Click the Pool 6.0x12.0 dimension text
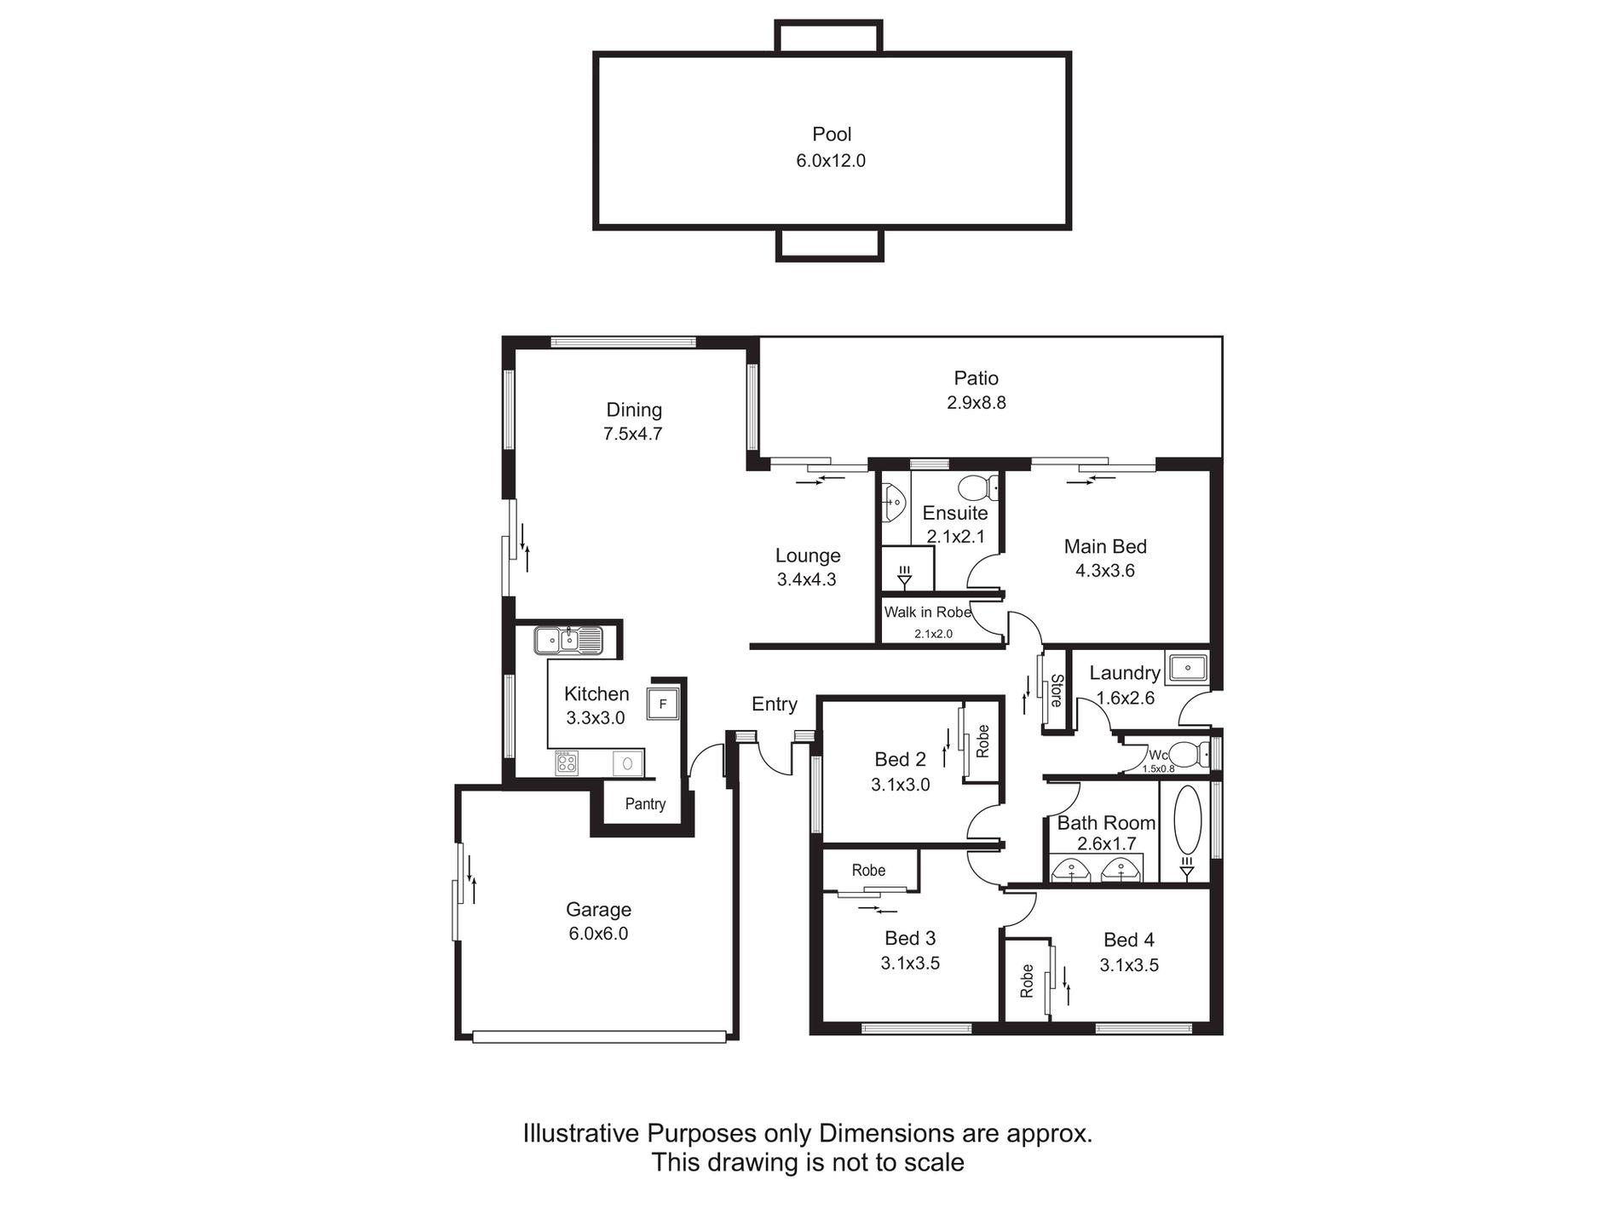(x=831, y=160)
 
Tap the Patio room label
(x=976, y=377)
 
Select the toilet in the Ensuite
(x=978, y=487)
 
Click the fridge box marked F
(x=663, y=705)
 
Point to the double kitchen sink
(x=568, y=639)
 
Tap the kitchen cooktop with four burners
(x=567, y=762)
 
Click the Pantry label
(x=645, y=804)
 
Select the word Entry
(x=774, y=704)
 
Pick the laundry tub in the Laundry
(x=1187, y=669)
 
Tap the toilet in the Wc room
(x=1188, y=754)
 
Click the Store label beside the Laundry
(x=1056, y=691)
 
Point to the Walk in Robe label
(x=927, y=613)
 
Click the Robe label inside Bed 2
(x=982, y=740)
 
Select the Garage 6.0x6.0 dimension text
(x=598, y=934)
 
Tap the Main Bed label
(x=1105, y=546)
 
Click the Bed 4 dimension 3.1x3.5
(x=1129, y=965)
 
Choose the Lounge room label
(x=807, y=555)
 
